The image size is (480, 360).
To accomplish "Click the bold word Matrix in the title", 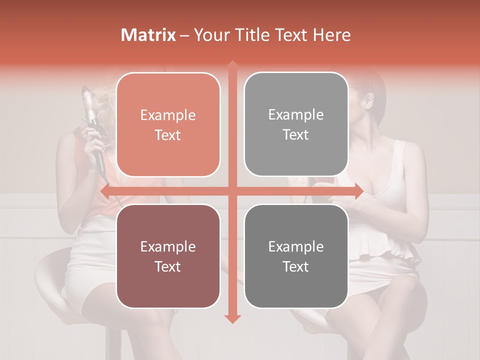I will (148, 35).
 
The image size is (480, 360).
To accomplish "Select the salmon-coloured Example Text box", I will (168, 124).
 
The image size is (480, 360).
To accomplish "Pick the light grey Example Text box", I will (296, 124).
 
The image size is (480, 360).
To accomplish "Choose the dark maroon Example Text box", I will (168, 256).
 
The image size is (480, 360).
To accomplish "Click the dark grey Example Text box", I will (296, 256).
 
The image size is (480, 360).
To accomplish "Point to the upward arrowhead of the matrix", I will (232, 65).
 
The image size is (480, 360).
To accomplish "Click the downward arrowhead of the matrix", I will (232, 318).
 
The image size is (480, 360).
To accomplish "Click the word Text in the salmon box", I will (168, 135).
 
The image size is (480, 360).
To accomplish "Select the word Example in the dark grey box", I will (296, 246).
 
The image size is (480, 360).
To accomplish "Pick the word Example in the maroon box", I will (168, 246).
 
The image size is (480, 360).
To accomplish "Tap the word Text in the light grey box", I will (296, 135).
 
